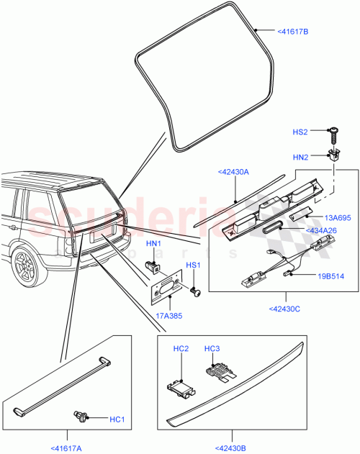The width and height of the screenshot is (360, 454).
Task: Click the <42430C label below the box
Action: [285, 308]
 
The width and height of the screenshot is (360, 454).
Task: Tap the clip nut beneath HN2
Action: [333, 153]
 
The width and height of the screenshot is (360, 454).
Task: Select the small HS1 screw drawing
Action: [194, 291]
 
